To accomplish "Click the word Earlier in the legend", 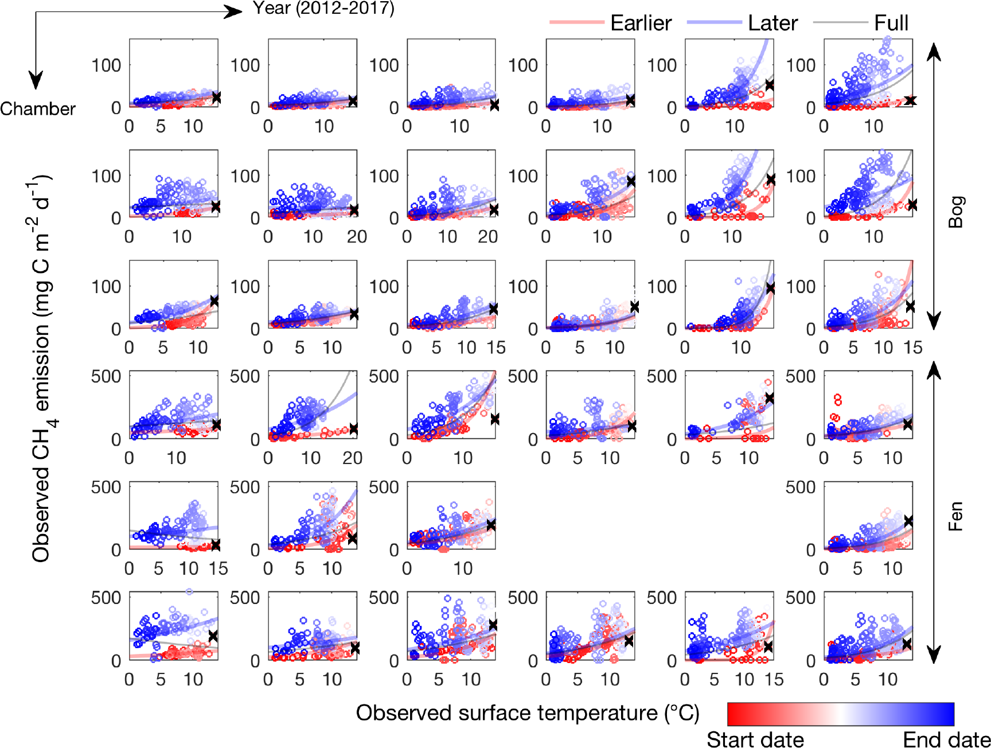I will click(x=641, y=23).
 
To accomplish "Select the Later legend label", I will click(x=772, y=23).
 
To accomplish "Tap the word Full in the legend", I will click(x=891, y=23).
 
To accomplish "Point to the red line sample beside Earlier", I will click(x=577, y=22).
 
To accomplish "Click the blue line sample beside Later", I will click(x=714, y=22).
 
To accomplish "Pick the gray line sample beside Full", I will click(x=840, y=22).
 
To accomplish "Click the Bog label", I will click(x=956, y=212).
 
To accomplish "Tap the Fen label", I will click(x=955, y=516).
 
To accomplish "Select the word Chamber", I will click(x=38, y=108).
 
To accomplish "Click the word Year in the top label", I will click(x=272, y=8).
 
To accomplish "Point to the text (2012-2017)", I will click(x=345, y=8).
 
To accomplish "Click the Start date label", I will click(x=755, y=739).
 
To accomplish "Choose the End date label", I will click(x=946, y=739).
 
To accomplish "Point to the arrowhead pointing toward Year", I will click(x=234, y=11).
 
